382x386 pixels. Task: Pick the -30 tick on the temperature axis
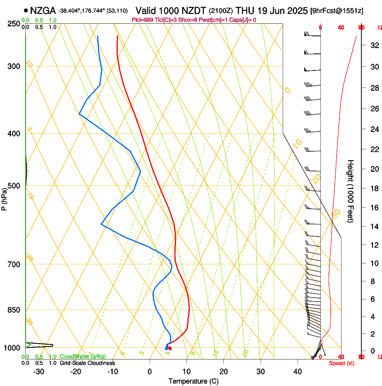pyautogui.click(x=39, y=372)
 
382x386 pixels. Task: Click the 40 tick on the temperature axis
pyautogui.click(x=298, y=372)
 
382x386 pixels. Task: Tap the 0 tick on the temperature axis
pyautogui.click(x=150, y=372)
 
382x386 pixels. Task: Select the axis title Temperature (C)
pyautogui.click(x=193, y=381)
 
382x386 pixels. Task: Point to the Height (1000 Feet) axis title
pyautogui.click(x=351, y=191)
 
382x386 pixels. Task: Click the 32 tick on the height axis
pyautogui.click(x=373, y=45)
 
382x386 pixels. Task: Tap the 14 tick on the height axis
pyautogui.click(x=373, y=226)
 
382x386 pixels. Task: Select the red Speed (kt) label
pyautogui.click(x=342, y=363)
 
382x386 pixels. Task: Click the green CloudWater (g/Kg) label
pyautogui.click(x=83, y=356)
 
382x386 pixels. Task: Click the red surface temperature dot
pyautogui.click(x=170, y=348)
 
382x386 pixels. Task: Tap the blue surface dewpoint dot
pyautogui.click(x=166, y=348)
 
